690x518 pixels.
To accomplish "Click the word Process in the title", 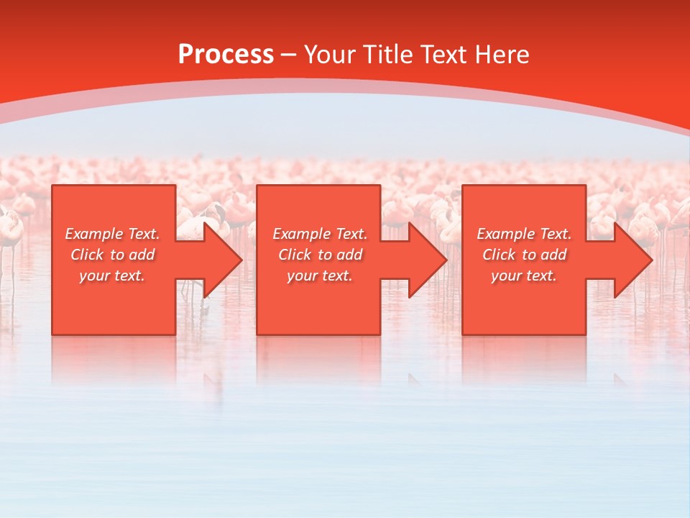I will [226, 55].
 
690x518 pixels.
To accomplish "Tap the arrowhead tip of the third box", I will [652, 260].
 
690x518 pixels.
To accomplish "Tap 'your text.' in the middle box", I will [319, 276].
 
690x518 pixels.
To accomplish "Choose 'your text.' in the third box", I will [523, 276].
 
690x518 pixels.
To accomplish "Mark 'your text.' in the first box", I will [111, 276].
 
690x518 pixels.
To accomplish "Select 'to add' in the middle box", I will [340, 255].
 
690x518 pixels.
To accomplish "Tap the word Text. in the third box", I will [555, 234].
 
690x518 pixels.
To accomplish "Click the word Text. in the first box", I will [143, 234].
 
